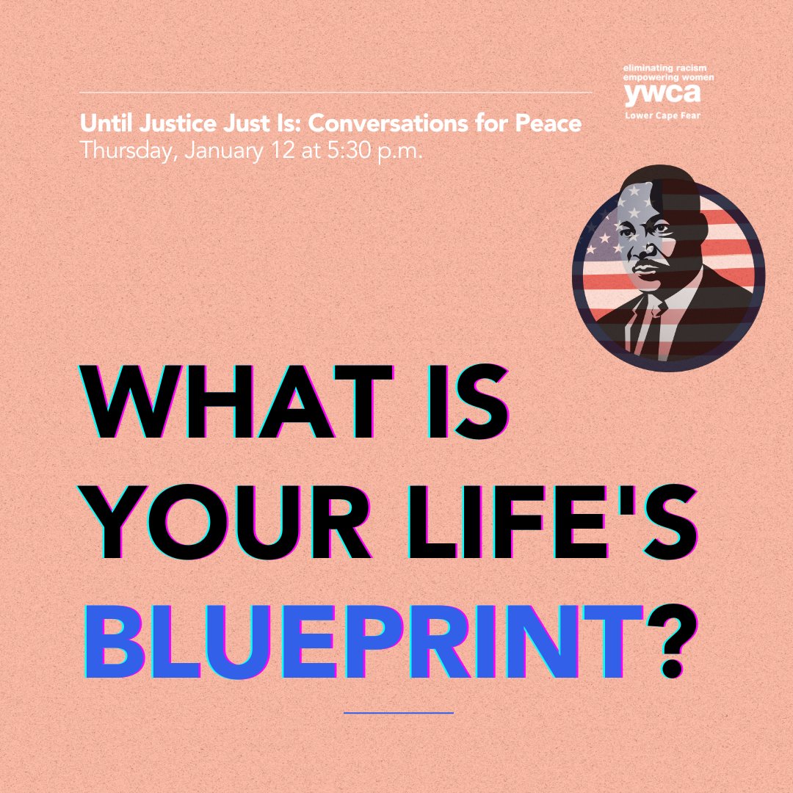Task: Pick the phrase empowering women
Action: pos(658,76)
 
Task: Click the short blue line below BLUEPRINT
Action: pos(398,712)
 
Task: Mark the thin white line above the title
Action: pos(335,93)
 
